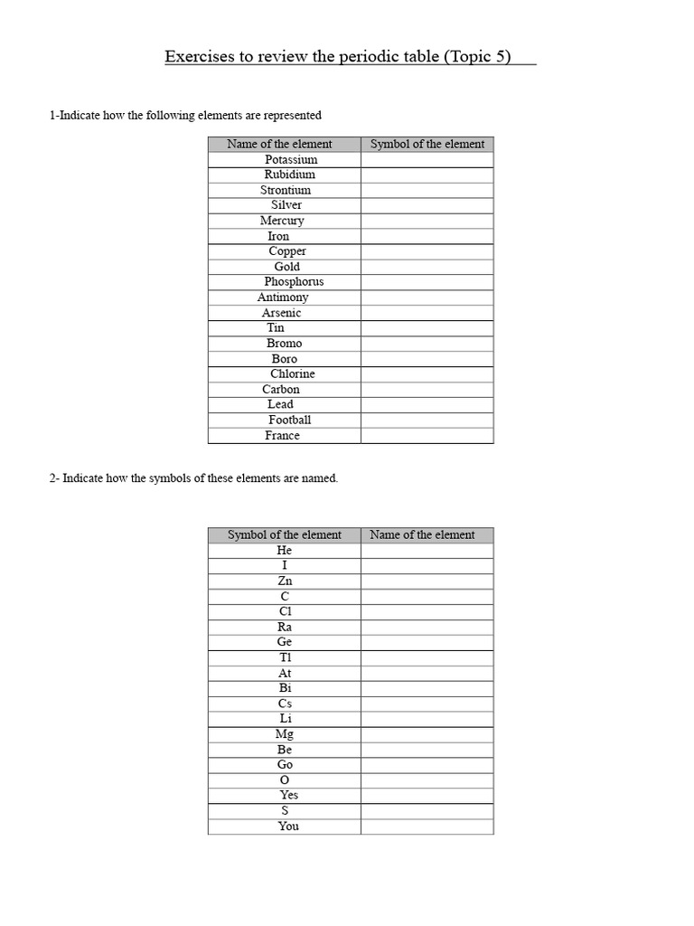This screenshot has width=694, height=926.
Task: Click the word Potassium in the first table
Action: tap(291, 159)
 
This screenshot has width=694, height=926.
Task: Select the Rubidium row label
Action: tap(290, 175)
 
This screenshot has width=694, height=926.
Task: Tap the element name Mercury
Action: tap(282, 221)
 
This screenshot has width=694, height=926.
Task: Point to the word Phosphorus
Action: tap(294, 282)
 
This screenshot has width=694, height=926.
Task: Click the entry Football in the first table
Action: tap(289, 420)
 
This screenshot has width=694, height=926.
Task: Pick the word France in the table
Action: tap(282, 435)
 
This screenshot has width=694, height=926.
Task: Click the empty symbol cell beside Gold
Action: tap(427, 267)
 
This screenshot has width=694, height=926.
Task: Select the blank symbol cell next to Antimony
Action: tap(427, 298)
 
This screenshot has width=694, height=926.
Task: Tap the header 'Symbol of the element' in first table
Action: tap(427, 144)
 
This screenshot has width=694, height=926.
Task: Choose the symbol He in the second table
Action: tap(285, 550)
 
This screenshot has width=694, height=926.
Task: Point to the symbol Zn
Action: tap(285, 581)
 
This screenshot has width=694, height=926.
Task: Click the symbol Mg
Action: tap(285, 734)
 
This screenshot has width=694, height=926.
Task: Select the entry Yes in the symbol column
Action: tap(289, 795)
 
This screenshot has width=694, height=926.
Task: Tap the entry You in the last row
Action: tap(288, 826)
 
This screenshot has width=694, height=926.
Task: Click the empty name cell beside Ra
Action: tap(427, 627)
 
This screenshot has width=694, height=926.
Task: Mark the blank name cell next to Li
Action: tap(427, 719)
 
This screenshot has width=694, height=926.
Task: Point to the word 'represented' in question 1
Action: tap(291, 116)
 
